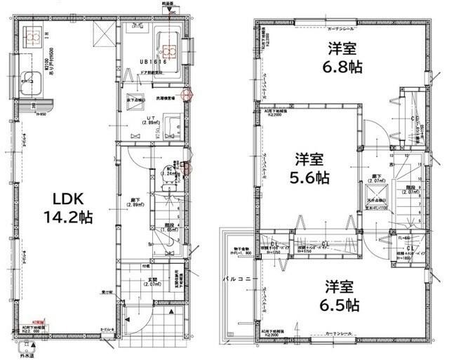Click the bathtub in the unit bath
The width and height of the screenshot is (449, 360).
coord(167,44)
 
